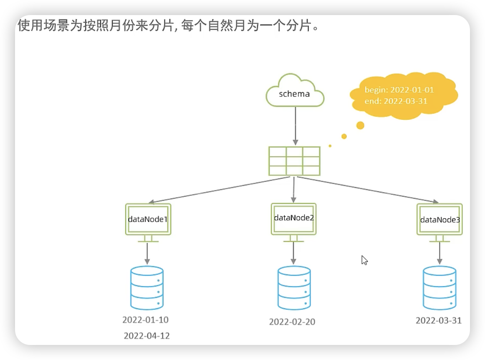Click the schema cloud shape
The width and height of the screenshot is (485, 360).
295,91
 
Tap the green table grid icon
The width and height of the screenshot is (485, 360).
295,161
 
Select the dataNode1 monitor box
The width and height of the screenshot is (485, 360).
148,219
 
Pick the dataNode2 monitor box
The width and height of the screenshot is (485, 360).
293,218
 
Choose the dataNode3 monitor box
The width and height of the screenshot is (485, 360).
440,219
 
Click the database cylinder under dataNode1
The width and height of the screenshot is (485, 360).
147,287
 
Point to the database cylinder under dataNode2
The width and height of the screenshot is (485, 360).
294,288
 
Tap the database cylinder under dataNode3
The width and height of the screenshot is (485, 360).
440,287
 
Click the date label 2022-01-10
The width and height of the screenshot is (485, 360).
146,320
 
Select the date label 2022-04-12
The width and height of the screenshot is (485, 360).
147,336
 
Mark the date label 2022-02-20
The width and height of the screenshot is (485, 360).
292,322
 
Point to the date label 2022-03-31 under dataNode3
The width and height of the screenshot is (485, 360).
439,320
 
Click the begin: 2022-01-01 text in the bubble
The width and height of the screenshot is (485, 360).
399,90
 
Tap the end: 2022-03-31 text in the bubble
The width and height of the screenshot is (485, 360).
396,101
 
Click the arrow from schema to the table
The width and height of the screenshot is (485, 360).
295,125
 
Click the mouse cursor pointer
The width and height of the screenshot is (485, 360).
364,260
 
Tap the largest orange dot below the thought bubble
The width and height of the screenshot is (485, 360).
360,125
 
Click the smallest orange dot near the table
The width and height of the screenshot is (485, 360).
330,146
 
